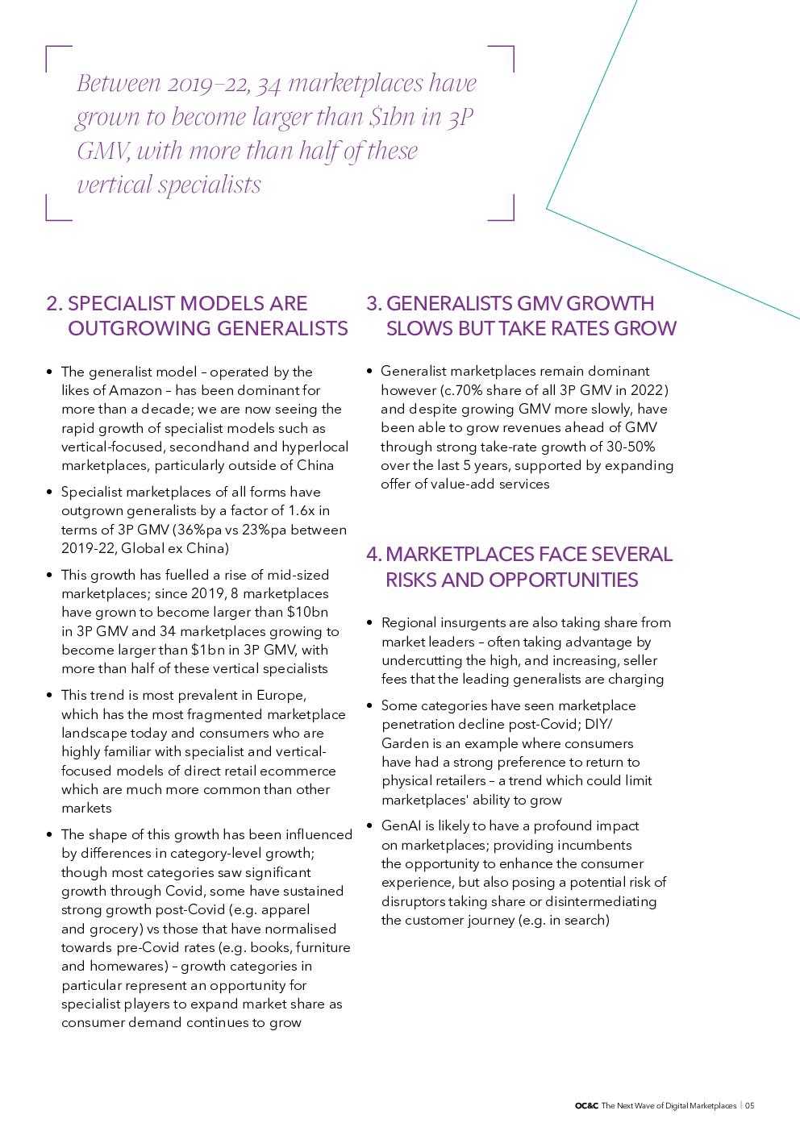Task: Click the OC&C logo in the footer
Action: click(586, 1106)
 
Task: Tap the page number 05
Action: click(749, 1106)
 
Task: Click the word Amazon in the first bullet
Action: click(135, 390)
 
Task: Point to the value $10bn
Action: click(307, 612)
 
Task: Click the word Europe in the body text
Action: click(281, 695)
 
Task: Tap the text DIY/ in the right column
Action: click(598, 724)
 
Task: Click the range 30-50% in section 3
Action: click(631, 447)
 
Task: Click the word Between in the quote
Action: click(119, 83)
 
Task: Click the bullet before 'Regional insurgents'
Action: click(369, 622)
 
